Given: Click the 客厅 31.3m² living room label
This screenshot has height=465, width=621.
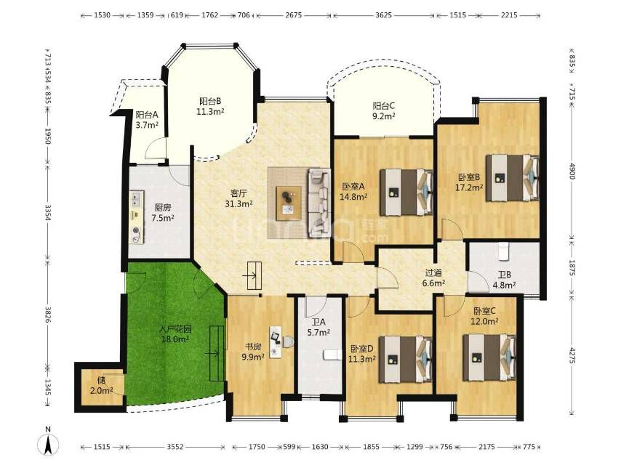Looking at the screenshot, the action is (x=239, y=198).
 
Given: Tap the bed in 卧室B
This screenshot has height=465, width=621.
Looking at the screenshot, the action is (x=513, y=178).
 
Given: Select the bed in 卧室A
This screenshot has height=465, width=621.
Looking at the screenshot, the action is (x=406, y=193).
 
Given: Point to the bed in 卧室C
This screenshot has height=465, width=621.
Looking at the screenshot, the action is (x=490, y=357).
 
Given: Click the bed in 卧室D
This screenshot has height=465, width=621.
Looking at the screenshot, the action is (x=406, y=360).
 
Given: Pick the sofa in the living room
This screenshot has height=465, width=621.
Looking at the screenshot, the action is (x=319, y=203).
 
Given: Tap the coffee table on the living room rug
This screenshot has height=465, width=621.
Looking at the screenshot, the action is (x=289, y=203).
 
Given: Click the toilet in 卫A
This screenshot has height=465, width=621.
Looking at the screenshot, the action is (x=333, y=355).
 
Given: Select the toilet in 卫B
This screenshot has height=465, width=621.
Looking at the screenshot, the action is (x=503, y=251).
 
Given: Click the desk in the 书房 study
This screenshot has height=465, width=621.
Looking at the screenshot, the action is (x=276, y=342).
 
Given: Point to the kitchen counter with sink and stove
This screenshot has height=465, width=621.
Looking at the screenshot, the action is (x=137, y=217).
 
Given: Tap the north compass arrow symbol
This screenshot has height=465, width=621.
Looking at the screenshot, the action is (x=48, y=444).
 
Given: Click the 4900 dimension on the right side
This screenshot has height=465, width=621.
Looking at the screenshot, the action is (x=572, y=171).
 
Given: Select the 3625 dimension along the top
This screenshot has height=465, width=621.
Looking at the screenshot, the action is (x=383, y=15).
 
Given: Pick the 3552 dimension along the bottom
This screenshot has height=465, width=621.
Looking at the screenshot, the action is (x=175, y=446).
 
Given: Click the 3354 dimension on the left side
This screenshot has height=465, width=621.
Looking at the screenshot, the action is (x=48, y=212).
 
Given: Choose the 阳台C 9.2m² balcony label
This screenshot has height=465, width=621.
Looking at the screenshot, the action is (x=384, y=111).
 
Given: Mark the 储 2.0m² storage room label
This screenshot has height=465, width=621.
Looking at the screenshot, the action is (x=101, y=385).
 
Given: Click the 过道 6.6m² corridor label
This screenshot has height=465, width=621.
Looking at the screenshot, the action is (x=433, y=278).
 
